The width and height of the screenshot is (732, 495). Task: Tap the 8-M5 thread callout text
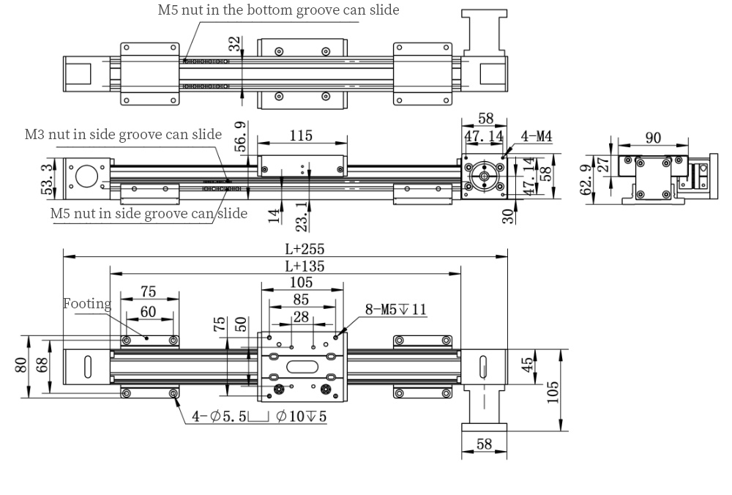pos(396,309)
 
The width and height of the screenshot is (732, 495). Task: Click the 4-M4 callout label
pos(536,135)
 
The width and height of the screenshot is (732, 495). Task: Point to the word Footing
pos(87,303)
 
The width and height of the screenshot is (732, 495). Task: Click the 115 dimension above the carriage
pos(301,135)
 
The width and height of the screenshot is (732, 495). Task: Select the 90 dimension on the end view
pos(654,137)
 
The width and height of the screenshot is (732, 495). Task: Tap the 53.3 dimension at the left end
pos(47,179)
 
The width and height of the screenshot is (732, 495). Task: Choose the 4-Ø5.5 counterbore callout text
pos(259,417)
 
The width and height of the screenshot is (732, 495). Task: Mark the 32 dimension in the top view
pos(234,45)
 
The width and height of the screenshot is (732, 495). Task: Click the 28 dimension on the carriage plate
pos(301,316)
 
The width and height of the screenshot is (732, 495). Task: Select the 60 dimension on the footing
pos(148,312)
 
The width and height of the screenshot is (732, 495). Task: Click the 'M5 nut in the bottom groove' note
pos(278,10)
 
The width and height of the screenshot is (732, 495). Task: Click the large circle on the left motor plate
pos(87,175)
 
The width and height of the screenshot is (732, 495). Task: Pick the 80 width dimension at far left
pos(23,364)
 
